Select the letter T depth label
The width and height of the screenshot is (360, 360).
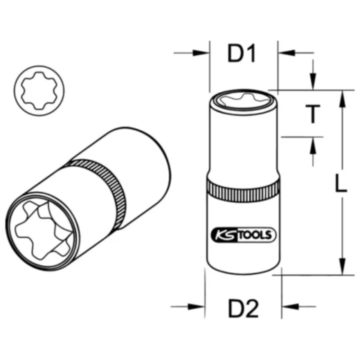(314, 114)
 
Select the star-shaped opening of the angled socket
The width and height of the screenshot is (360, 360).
(41, 225)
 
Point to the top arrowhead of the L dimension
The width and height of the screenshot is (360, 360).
(341, 96)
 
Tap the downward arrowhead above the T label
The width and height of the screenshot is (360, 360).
(313, 84)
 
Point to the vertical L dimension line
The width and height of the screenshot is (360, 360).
(341, 208)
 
